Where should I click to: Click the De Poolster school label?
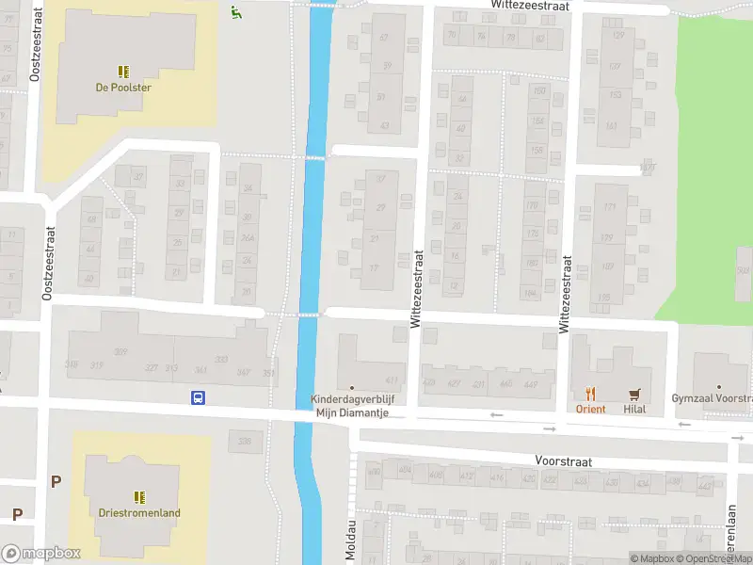[123, 88]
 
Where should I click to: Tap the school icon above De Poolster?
[123, 71]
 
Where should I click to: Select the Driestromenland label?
[138, 513]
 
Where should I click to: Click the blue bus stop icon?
[199, 398]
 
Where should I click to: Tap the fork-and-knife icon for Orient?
[590, 395]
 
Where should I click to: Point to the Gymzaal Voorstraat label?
[712, 399]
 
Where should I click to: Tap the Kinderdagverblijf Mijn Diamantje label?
[351, 406]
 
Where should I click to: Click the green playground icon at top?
[235, 11]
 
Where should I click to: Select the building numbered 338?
[245, 441]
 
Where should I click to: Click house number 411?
[391, 380]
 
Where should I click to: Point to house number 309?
[120, 352]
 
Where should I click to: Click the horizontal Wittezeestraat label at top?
[530, 6]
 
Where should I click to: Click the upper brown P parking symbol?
[56, 481]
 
